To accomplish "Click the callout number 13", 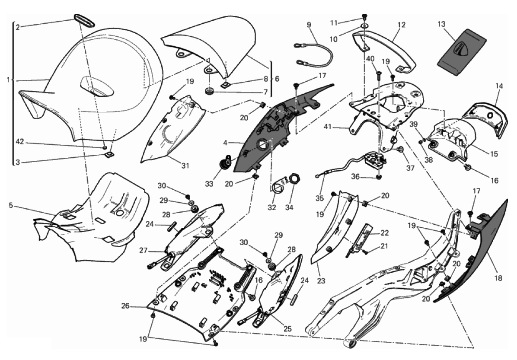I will pyautogui.click(x=441, y=24).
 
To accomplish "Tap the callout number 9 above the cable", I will pyautogui.click(x=309, y=25).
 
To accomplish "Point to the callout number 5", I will pyautogui.click(x=10, y=206).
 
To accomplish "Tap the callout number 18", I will pyautogui.click(x=499, y=278).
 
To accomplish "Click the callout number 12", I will pyautogui.click(x=402, y=25).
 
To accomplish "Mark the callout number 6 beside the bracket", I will pyautogui.click(x=277, y=79).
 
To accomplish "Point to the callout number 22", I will pyautogui.click(x=384, y=233).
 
